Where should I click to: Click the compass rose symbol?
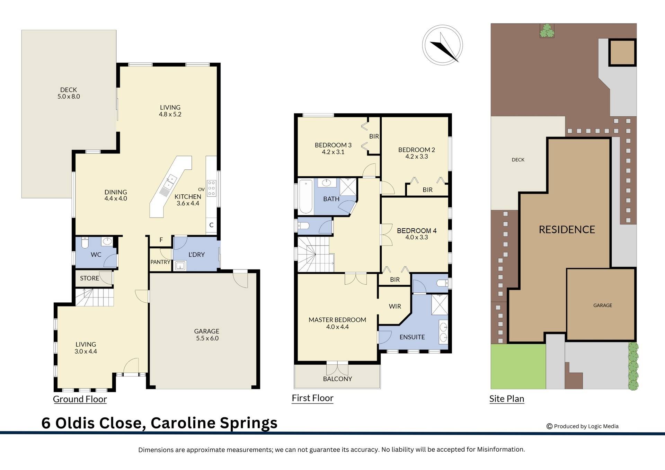click(x=442, y=45)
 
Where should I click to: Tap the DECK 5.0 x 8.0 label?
click(x=69, y=93)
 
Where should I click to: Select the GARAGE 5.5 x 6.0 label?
click(x=207, y=335)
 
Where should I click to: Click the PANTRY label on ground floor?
click(x=160, y=262)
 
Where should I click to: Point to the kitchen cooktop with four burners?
click(x=211, y=188)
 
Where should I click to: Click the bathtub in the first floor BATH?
click(x=305, y=196)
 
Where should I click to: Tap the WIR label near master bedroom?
click(x=395, y=307)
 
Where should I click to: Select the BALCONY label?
click(x=337, y=379)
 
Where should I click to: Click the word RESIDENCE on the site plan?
click(x=567, y=230)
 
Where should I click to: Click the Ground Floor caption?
click(x=80, y=399)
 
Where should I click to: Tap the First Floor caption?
click(x=312, y=398)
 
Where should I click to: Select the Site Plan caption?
click(x=506, y=399)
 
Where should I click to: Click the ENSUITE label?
click(x=412, y=337)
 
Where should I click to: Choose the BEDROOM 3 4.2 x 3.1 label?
click(x=333, y=149)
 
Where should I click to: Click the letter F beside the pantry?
click(x=161, y=240)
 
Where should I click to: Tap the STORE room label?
click(x=89, y=278)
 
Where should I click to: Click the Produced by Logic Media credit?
click(x=583, y=426)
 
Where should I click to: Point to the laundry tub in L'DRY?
click(x=180, y=266)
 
